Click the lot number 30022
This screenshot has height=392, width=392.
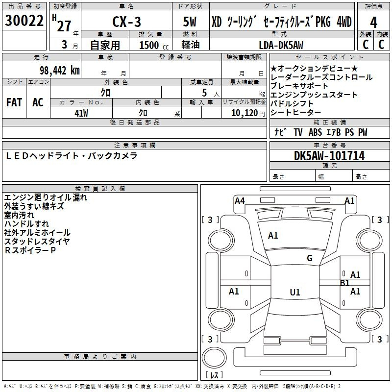pyautogui.click(x=24, y=21)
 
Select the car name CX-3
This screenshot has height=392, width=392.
pyautogui.click(x=126, y=22)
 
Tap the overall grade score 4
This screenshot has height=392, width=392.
pyautogui.click(x=373, y=23)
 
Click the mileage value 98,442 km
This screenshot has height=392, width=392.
pyautogui.click(x=59, y=71)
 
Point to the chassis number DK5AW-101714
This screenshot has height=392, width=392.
pyautogui.click(x=329, y=156)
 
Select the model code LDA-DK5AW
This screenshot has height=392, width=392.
pyautogui.click(x=281, y=45)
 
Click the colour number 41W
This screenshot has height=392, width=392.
pyautogui.click(x=81, y=113)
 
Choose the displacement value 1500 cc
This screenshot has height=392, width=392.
pyautogui.click(x=154, y=45)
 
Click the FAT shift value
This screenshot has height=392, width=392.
pyautogui.click(x=14, y=102)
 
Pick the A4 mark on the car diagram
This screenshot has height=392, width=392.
pyautogui.click(x=240, y=201)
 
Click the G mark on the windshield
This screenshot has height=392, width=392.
pyautogui.click(x=310, y=258)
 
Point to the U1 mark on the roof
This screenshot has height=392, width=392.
pyautogui.click(x=295, y=292)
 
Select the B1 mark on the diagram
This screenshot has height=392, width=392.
pyautogui.click(x=345, y=283)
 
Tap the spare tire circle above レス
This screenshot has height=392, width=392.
pyautogui.click(x=214, y=358)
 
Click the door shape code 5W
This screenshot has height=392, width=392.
pyautogui.click(x=190, y=22)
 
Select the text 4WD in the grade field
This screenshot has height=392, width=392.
pyautogui.click(x=344, y=22)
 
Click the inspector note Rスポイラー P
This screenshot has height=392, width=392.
pyautogui.click(x=30, y=250)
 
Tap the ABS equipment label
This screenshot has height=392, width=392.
pyautogui.click(x=315, y=132)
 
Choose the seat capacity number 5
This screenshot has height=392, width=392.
pyautogui.click(x=204, y=93)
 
